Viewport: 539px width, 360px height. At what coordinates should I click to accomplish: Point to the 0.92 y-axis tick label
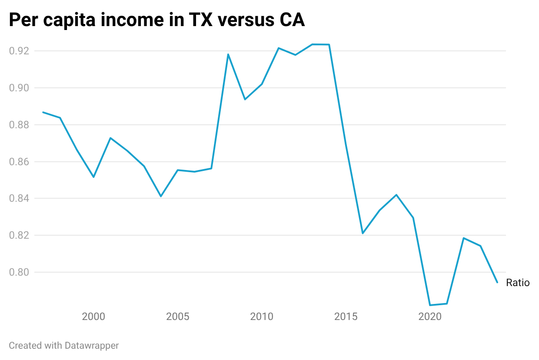pyautogui.click(x=20, y=51)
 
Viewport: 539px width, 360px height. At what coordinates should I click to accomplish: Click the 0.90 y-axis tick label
pyautogui.click(x=20, y=88)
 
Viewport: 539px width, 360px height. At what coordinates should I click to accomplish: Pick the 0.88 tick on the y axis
pyautogui.click(x=20, y=125)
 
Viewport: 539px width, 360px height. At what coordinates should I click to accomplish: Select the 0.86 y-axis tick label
pyautogui.click(x=20, y=162)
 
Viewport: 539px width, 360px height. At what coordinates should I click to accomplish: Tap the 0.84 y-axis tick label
pyautogui.click(x=20, y=199)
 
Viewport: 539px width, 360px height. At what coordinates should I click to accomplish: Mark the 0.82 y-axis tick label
pyautogui.click(x=20, y=235)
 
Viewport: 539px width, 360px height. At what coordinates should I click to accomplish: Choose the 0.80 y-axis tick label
pyautogui.click(x=20, y=272)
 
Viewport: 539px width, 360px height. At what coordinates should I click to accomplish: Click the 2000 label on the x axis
pyautogui.click(x=93, y=317)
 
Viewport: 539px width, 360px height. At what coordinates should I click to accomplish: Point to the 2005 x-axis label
pyautogui.click(x=178, y=317)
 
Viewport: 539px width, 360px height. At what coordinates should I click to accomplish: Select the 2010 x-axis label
pyautogui.click(x=262, y=317)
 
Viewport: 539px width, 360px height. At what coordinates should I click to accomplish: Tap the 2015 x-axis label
pyautogui.click(x=346, y=317)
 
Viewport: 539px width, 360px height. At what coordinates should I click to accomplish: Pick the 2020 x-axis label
pyautogui.click(x=430, y=317)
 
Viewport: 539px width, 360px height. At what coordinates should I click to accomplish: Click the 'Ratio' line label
pyautogui.click(x=518, y=283)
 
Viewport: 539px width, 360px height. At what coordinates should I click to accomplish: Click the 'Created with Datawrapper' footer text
pyautogui.click(x=64, y=346)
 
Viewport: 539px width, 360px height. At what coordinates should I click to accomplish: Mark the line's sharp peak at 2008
pyautogui.click(x=228, y=54)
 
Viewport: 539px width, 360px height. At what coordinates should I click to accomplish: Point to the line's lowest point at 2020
pyautogui.click(x=430, y=305)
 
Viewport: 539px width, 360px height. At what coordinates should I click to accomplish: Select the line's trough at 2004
pyautogui.click(x=161, y=196)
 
